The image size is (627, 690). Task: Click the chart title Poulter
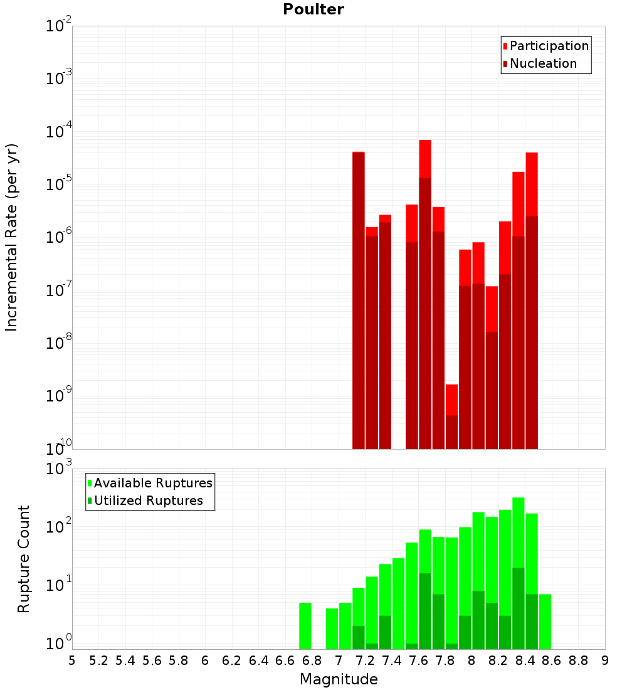tap(313, 9)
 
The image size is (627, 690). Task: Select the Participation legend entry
tap(549, 46)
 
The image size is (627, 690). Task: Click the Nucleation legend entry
tap(543, 63)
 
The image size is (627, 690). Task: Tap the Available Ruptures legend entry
tap(153, 483)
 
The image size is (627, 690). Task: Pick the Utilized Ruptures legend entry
tap(148, 501)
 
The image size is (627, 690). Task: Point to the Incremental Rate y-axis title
tap(12, 238)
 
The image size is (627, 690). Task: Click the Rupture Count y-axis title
tap(24, 559)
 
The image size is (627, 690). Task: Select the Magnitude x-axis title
tap(339, 679)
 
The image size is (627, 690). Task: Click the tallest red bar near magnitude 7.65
tap(425, 295)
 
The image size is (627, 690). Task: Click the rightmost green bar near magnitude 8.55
tap(545, 622)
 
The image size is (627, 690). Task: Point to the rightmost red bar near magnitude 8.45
tap(532, 300)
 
